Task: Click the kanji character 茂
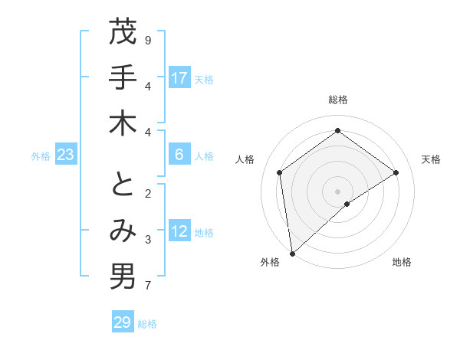[123, 33]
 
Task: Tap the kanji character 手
[123, 78]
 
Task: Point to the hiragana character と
[123, 185]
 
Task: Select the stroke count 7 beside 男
[148, 286]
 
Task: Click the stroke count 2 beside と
[148, 193]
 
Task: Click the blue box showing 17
[179, 78]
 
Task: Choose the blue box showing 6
[179, 155]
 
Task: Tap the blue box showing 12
[179, 231]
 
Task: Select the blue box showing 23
[66, 155]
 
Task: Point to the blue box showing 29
[123, 322]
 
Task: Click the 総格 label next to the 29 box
[147, 323]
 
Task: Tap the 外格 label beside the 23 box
[41, 155]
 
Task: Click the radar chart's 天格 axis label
[431, 159]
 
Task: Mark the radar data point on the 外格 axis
[292, 253]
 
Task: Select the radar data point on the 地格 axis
[347, 204]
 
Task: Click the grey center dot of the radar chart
[337, 190]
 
